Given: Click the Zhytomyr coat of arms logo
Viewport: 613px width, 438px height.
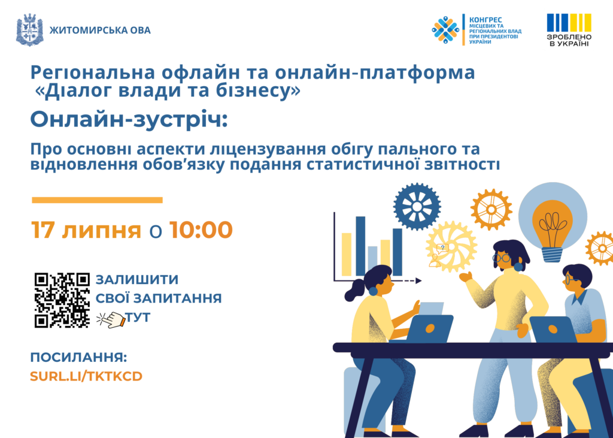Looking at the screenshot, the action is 30,30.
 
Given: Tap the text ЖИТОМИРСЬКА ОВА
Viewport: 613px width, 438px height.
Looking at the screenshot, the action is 100,30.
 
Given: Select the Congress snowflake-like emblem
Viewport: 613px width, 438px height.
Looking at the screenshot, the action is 445,30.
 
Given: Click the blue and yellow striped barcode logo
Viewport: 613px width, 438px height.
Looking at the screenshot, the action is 569,23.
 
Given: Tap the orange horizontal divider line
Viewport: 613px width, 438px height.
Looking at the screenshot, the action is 97,200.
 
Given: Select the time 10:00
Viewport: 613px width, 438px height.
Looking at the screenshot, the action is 201,229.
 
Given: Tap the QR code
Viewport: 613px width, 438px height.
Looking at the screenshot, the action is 62,300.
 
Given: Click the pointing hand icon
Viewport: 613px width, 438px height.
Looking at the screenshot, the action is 111,319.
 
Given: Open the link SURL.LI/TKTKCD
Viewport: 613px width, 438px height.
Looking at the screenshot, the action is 86,376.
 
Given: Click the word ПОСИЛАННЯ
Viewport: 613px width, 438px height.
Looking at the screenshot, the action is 78,357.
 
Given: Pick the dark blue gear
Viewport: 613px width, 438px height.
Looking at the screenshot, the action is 417,206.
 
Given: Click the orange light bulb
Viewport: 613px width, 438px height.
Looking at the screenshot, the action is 553,230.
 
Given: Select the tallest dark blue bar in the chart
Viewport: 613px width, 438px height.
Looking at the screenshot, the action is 360,246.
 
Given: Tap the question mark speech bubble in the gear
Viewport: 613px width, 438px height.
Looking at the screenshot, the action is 442,248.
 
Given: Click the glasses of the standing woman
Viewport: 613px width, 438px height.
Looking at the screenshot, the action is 501,258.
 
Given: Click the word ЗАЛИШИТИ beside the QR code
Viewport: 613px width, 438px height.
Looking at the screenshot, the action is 137,279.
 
